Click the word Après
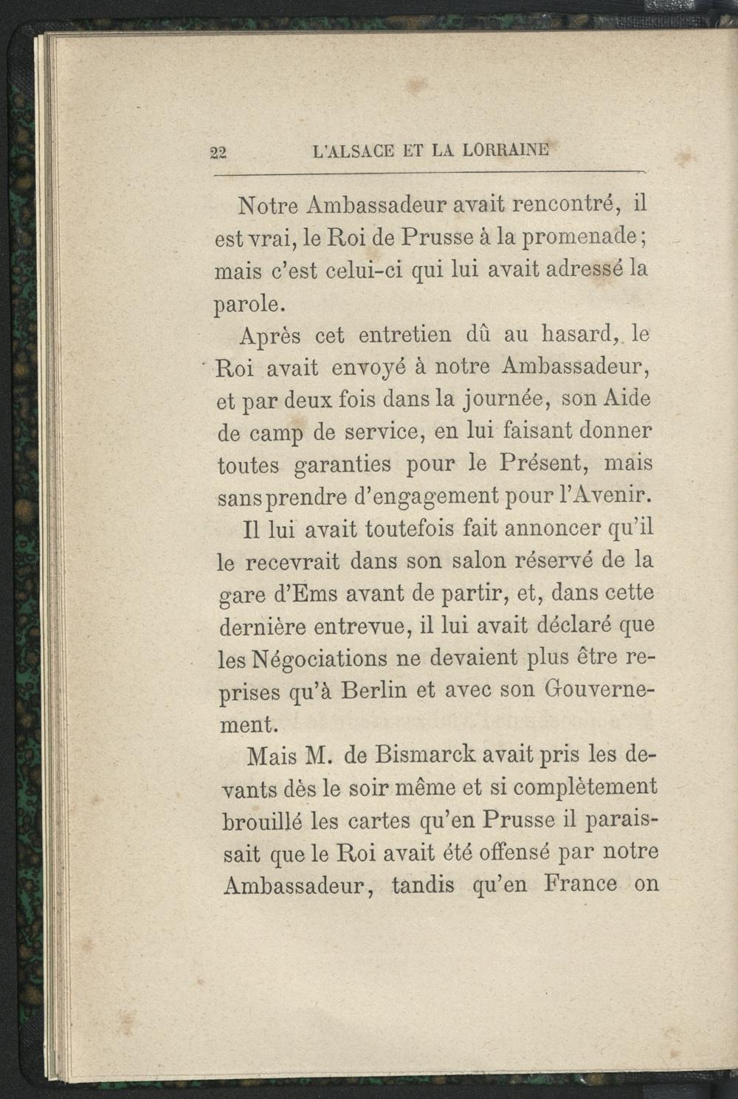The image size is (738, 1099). pyautogui.click(x=269, y=336)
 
